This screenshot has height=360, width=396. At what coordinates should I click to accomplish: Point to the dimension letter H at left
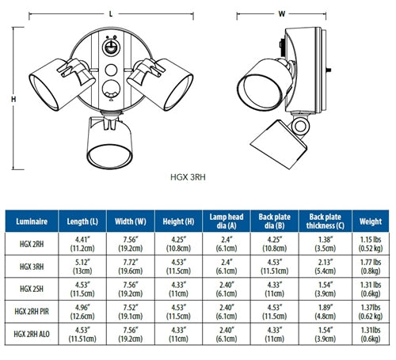(13, 99)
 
